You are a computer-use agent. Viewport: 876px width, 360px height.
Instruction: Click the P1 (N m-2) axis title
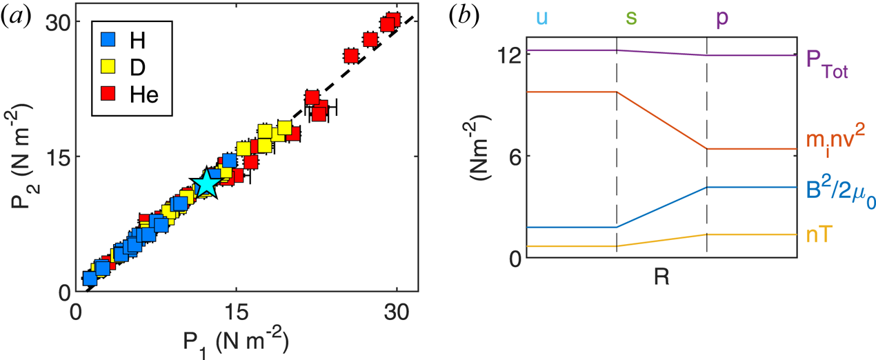pyautogui.click(x=237, y=341)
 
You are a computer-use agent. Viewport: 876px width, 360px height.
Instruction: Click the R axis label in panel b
pyautogui.click(x=661, y=279)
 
